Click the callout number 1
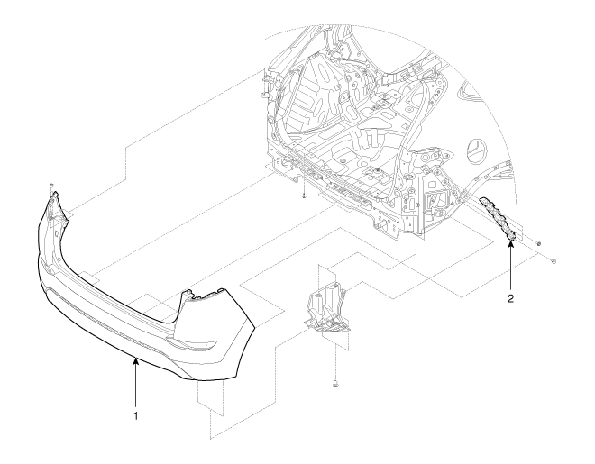point(135,416)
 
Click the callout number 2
point(511,298)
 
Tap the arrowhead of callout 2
point(511,242)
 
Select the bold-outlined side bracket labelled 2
point(498,219)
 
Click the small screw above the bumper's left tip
point(50,186)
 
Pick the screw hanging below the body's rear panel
point(304,196)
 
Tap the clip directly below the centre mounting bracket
point(335,384)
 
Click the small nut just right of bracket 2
point(539,243)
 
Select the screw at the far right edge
point(554,261)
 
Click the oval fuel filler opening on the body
point(476,151)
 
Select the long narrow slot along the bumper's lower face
point(106,314)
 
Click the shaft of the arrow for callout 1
point(135,384)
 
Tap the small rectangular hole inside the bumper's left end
point(56,233)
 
